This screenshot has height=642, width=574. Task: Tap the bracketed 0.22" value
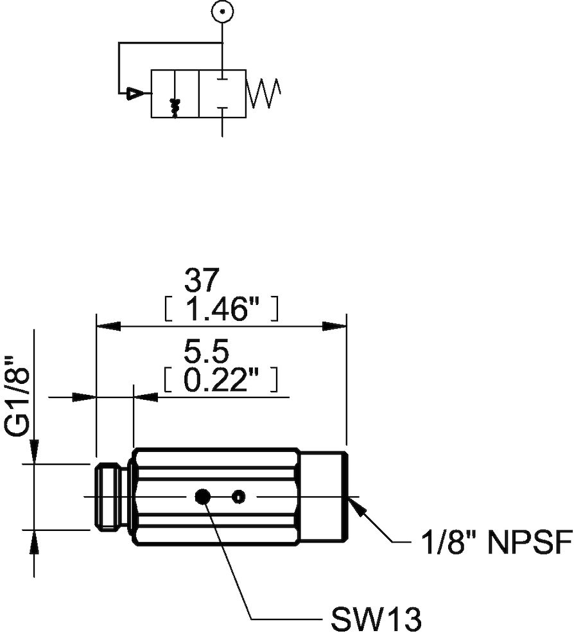tap(221, 381)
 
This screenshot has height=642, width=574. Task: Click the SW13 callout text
tap(377, 620)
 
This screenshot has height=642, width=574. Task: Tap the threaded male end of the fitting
tap(112, 496)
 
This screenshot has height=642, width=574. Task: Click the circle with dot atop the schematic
tap(222, 12)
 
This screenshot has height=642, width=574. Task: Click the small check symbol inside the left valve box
tap(174, 107)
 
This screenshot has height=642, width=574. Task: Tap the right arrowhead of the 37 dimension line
tap(336, 326)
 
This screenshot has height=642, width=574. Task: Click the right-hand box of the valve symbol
tap(222, 94)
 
